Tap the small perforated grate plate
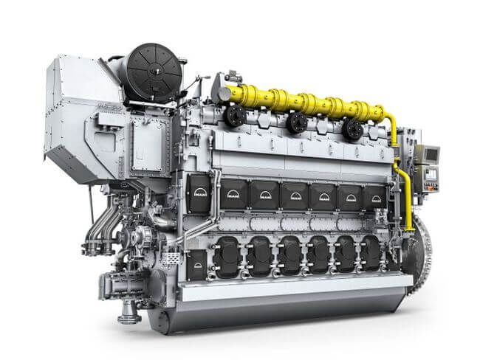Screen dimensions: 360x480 pyautogui.click(x=171, y=259)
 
